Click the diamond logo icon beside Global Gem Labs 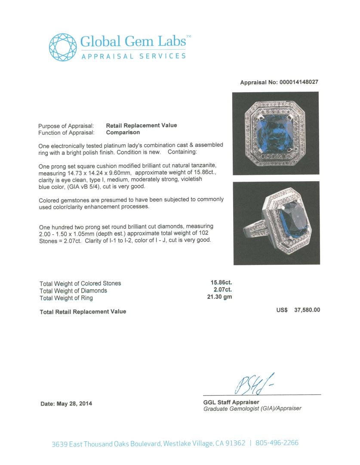click(x=63, y=47)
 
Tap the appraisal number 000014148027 click(x=297, y=82)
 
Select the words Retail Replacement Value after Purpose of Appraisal click(x=142, y=125)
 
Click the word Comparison click(x=123, y=133)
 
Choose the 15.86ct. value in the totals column click(x=221, y=283)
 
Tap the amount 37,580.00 click(x=305, y=310)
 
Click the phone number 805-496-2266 click(x=277, y=443)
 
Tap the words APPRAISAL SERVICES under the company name click(x=134, y=56)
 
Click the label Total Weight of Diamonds click(x=73, y=291)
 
